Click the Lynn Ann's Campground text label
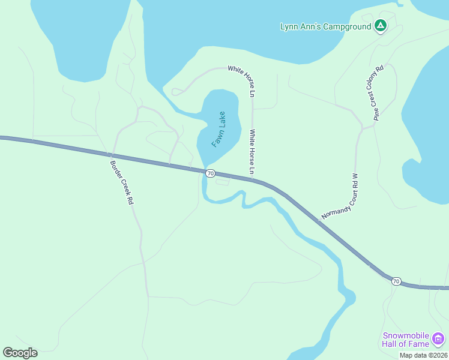point(326,26)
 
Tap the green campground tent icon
point(380,26)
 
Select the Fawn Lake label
point(218,130)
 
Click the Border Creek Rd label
point(121,183)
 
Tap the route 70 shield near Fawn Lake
point(210,173)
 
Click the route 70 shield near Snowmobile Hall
point(396,281)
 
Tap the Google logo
point(20,352)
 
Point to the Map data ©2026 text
point(423,355)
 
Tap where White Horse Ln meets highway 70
point(253,178)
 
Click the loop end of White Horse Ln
point(176,92)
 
